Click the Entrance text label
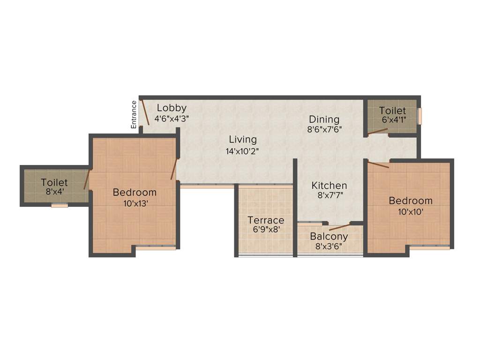point(134,114)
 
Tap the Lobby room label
point(172,108)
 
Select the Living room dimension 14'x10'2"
point(242,151)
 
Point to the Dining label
point(324,120)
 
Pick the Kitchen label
point(329,186)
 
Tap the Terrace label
point(266,220)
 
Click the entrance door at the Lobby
point(145,112)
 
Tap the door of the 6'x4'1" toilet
point(377,132)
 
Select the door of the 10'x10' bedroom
point(378,164)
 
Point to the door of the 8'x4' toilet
point(87,180)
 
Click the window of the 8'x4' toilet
point(60,205)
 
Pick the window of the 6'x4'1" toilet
point(420,116)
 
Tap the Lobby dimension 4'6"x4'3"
point(172,118)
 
